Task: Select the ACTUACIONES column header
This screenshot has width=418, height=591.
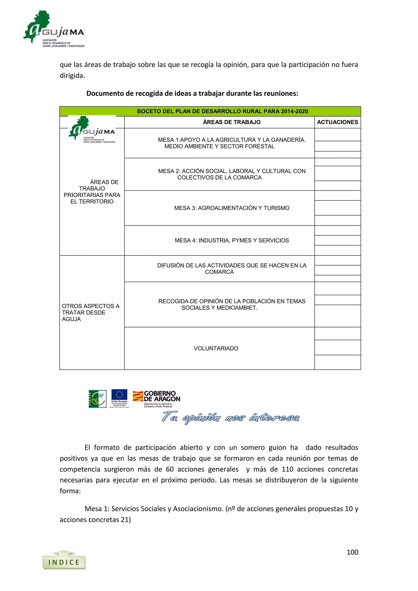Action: (x=337, y=122)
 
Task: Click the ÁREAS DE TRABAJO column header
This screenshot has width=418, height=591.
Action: (x=231, y=122)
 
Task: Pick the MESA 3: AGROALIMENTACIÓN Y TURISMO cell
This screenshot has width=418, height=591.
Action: (x=232, y=208)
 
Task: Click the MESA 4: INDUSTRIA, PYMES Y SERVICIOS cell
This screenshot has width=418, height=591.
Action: (x=232, y=240)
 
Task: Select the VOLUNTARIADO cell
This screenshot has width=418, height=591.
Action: (x=216, y=348)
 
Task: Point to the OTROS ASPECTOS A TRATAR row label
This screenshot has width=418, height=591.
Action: (x=90, y=312)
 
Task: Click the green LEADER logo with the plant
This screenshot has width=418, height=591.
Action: (x=97, y=399)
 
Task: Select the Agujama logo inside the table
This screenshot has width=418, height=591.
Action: (x=92, y=129)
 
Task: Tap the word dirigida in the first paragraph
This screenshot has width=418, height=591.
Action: (x=72, y=76)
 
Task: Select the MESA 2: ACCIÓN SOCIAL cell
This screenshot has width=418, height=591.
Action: (x=231, y=174)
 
